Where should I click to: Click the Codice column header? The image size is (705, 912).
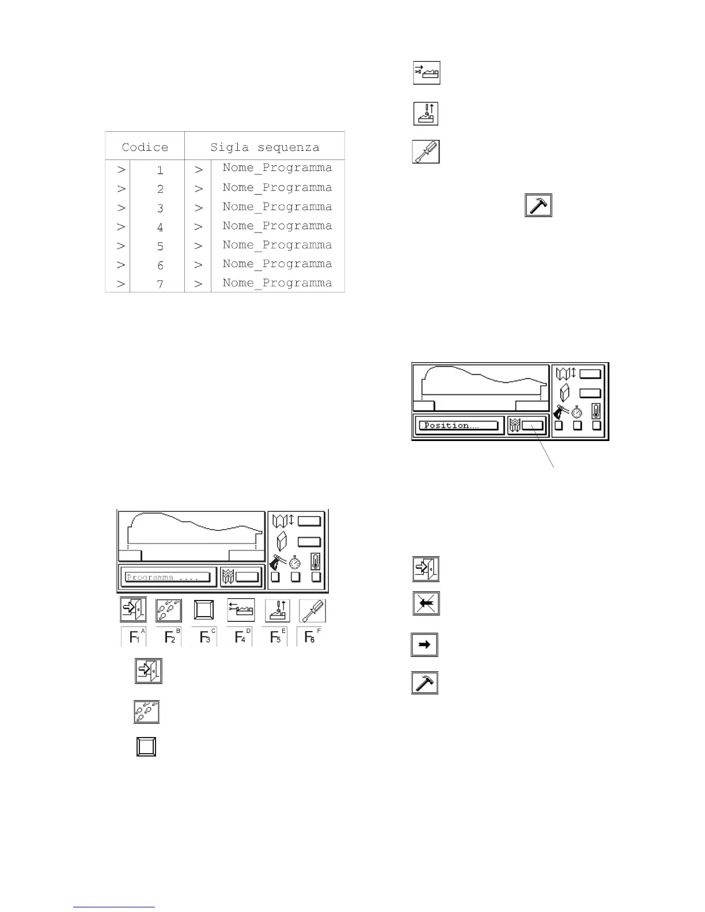(x=145, y=147)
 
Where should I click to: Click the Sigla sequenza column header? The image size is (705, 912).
(x=264, y=147)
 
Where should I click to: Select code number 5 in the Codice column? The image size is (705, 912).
(x=160, y=246)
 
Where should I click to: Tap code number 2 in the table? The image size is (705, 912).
(x=160, y=189)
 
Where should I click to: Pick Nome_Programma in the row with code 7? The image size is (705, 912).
(x=277, y=283)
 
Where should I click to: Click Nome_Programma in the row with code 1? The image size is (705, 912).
(x=277, y=168)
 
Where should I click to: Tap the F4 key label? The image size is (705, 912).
(x=240, y=637)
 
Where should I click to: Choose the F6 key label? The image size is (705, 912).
(x=311, y=637)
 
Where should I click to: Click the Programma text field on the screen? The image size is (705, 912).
(x=168, y=577)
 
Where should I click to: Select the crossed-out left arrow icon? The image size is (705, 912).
(x=426, y=603)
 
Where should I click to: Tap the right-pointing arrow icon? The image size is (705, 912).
(x=424, y=645)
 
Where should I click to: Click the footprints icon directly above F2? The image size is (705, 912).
(x=169, y=610)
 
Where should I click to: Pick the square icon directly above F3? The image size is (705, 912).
(x=204, y=610)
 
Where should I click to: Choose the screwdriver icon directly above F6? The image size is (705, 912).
(x=313, y=610)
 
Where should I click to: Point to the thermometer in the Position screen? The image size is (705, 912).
(x=596, y=411)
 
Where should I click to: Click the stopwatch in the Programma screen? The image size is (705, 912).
(x=295, y=561)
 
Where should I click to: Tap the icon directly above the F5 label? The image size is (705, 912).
(x=277, y=610)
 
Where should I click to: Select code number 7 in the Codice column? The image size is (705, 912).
(x=160, y=284)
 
